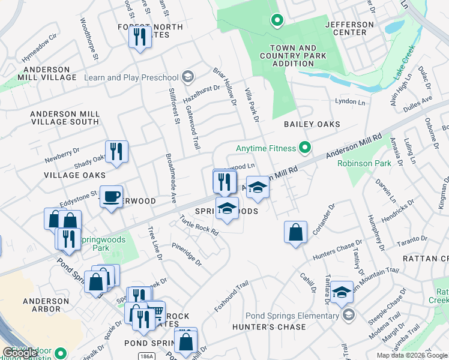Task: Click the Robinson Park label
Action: click(x=364, y=163)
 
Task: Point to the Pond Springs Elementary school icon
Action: click(x=349, y=315)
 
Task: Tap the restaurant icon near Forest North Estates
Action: click(x=140, y=38)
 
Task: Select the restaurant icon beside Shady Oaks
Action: click(x=116, y=151)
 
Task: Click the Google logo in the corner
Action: click(x=20, y=353)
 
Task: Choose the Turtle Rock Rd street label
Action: click(x=197, y=226)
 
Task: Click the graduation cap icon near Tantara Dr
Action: click(x=342, y=292)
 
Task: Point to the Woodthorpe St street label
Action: click(x=88, y=40)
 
